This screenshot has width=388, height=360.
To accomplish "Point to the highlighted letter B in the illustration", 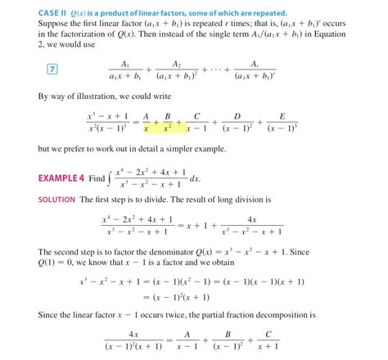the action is click(x=167, y=117).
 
